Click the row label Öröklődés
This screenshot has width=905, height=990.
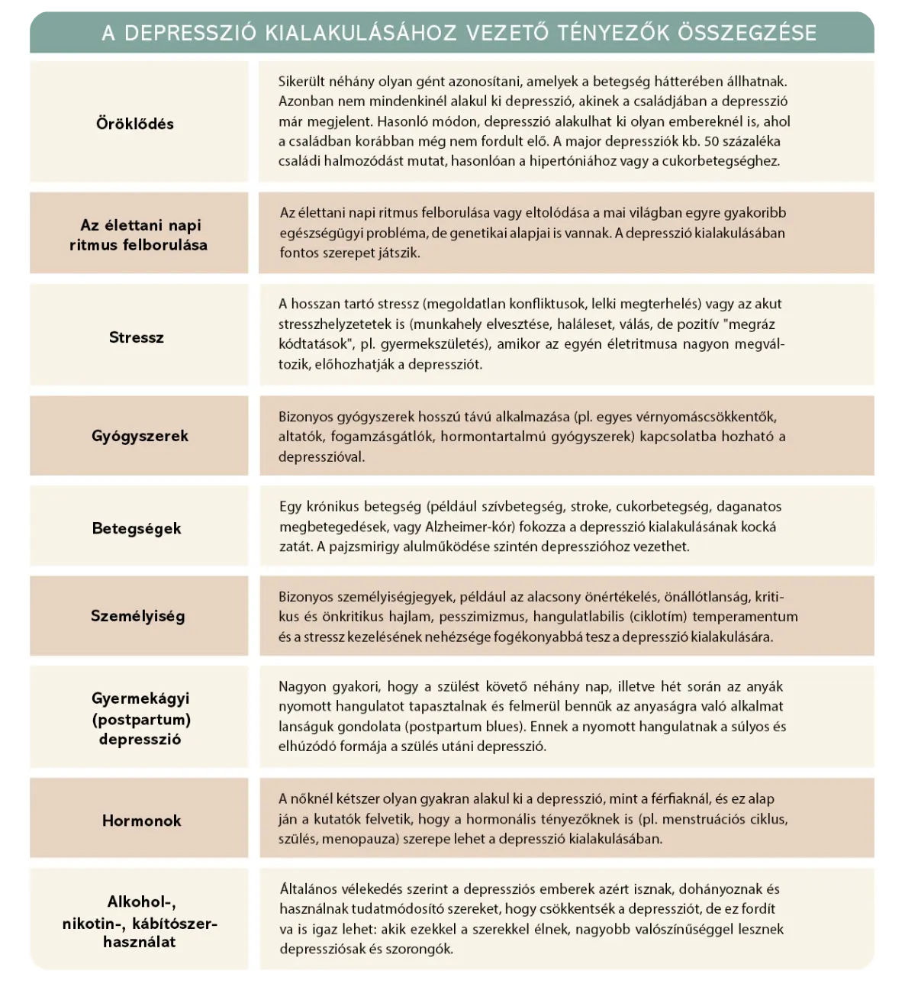136,124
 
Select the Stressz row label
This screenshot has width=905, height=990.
137,337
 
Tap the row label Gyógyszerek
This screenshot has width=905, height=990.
140,436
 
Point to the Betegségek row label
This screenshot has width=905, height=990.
137,528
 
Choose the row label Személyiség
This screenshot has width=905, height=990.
138,616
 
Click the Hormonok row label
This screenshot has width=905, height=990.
142,821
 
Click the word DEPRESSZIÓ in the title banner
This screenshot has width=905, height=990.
192,34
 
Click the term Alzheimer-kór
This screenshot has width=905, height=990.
475,527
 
